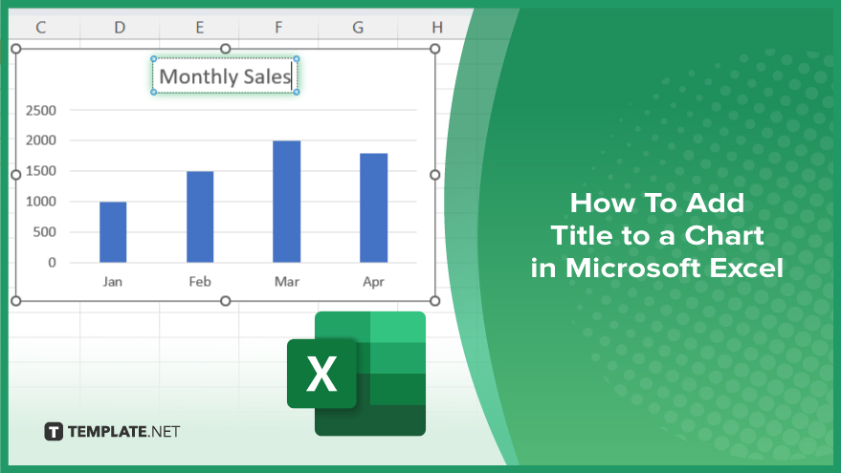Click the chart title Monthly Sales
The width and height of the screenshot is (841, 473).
coord(225,76)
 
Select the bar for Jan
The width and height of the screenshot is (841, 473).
coord(113,232)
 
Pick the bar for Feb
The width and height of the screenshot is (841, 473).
coord(200,217)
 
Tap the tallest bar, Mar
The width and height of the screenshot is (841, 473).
coord(286,202)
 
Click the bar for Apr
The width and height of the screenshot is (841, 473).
coord(374,208)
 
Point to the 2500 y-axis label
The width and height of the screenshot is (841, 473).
coord(41,110)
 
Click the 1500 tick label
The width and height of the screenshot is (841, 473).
coord(41,171)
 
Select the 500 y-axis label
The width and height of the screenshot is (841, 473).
coord(45,232)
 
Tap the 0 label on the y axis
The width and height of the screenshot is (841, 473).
coord(52,263)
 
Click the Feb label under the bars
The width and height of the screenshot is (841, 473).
coord(200,282)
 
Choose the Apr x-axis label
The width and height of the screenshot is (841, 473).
coord(374,282)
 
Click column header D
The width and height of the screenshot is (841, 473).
coord(120,28)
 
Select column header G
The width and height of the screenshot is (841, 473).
coord(358,28)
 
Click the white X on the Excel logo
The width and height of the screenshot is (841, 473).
coord(321,374)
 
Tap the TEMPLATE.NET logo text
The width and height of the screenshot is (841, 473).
coord(123,431)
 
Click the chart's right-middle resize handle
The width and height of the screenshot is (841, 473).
coord(435,175)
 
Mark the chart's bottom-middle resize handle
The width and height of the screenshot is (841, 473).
coord(226,301)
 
